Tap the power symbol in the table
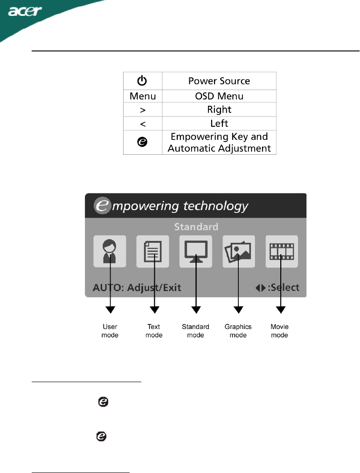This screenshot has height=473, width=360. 143,81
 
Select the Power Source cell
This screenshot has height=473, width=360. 219,81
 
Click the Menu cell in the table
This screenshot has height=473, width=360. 143,96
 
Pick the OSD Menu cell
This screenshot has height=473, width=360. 219,96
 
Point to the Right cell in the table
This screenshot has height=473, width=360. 219,110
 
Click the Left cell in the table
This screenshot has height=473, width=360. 219,123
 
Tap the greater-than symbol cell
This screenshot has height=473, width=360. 143,110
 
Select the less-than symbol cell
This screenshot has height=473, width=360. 143,123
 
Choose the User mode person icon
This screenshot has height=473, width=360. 110,251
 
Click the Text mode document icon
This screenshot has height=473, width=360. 153,251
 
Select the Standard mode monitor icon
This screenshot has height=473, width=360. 196,251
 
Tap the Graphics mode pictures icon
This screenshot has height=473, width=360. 239,251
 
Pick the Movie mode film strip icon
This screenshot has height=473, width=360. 282,251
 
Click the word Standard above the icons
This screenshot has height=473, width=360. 196,227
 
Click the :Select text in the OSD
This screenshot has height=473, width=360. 283,287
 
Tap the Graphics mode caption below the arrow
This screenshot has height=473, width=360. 238,331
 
